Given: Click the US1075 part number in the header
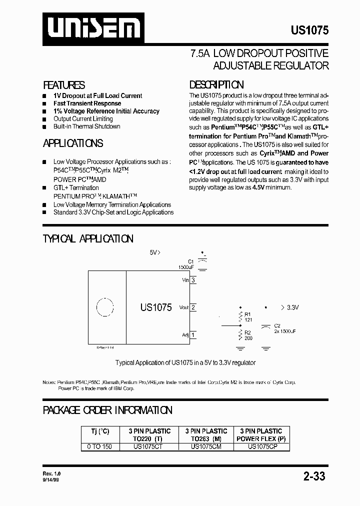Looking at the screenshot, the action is [x=309, y=30].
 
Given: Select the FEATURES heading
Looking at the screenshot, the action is [x=64, y=85].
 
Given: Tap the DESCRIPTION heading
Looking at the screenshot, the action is [x=216, y=84].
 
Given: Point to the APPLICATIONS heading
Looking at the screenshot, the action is [x=73, y=143].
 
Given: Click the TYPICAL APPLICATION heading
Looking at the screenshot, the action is [x=88, y=239].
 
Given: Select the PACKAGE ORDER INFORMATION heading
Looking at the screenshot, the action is [x=107, y=410].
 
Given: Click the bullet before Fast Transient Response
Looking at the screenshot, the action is [x=44, y=103].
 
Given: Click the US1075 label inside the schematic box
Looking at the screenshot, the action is [x=156, y=307].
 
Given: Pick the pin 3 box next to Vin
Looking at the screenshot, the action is [x=193, y=280].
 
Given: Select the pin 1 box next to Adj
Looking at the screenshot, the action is [x=193, y=335].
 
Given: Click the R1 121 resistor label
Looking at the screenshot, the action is [x=248, y=316].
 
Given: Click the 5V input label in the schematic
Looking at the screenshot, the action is [x=155, y=252].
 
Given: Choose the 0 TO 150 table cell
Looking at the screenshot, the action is [x=100, y=446].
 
